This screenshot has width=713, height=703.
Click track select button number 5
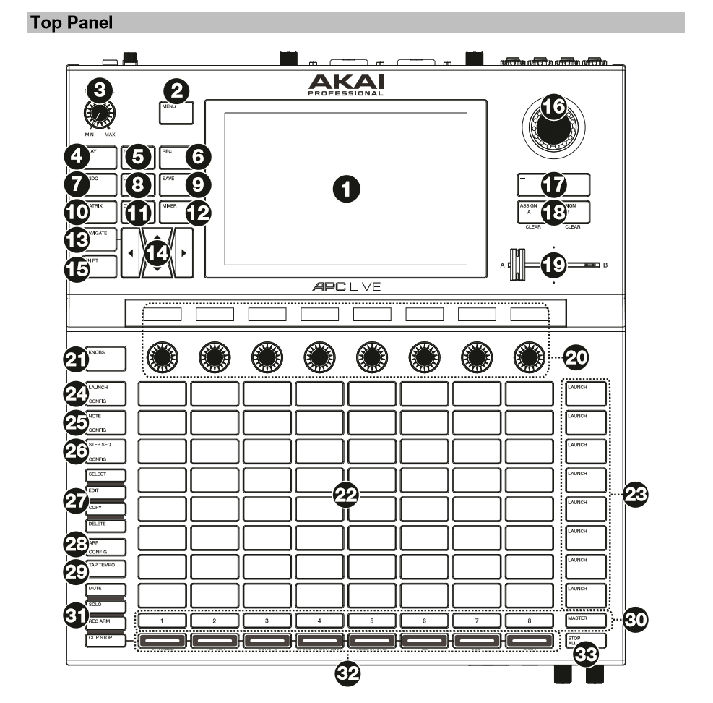(x=372, y=620)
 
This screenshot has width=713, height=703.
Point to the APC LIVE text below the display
(x=346, y=287)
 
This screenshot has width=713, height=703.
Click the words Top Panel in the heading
(x=72, y=22)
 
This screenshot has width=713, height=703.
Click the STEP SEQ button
(x=107, y=451)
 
